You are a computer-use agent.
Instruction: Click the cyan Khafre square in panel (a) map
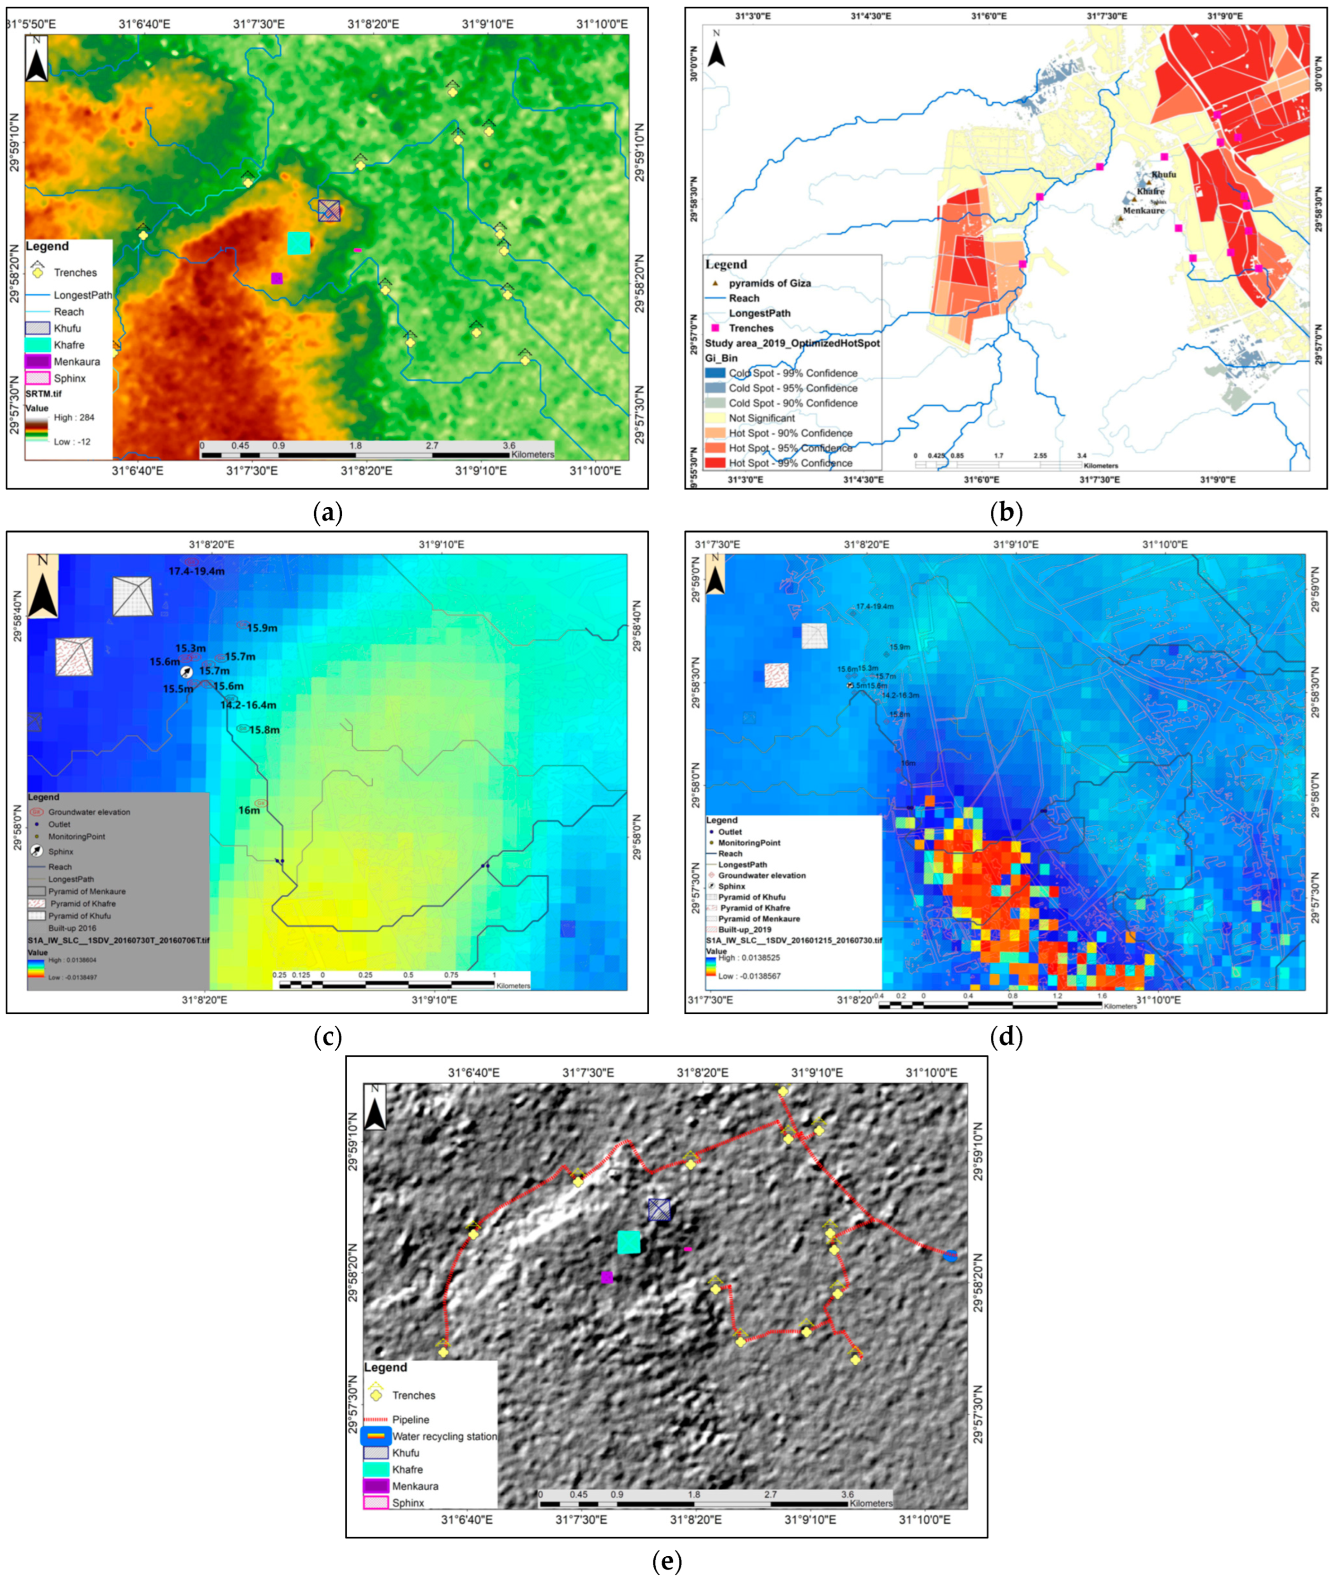click(299, 244)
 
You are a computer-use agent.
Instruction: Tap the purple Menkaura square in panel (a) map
click(277, 278)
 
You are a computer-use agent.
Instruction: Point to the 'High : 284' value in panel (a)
click(73, 417)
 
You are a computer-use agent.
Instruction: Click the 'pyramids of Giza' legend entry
click(769, 283)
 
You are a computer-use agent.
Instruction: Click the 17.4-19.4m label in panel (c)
click(197, 571)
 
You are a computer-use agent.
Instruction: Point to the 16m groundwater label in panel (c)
click(249, 810)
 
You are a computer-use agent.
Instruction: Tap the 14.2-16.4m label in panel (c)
click(248, 705)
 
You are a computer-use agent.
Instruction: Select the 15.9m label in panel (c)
click(262, 628)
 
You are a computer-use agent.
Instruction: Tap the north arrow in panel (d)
click(716, 574)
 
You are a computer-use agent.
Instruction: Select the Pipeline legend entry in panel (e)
click(410, 1419)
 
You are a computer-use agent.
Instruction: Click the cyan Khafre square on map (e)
click(629, 1242)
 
